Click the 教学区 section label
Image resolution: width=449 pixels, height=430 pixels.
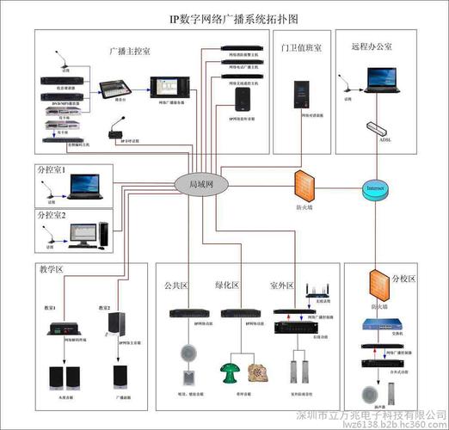coord(52,269)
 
